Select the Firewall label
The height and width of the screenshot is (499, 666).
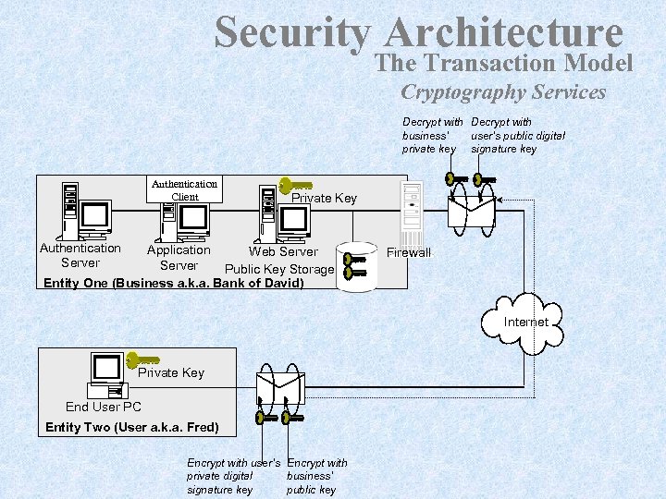click(x=409, y=252)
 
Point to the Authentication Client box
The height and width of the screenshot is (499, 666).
click(x=185, y=189)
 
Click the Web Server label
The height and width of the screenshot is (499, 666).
click(x=283, y=251)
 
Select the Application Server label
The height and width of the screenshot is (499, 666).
click(x=179, y=257)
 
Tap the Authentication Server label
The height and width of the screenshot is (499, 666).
click(x=80, y=255)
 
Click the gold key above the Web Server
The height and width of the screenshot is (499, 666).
click(x=296, y=187)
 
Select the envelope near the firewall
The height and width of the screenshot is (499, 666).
click(x=471, y=212)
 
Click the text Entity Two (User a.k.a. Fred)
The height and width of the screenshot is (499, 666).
click(x=132, y=427)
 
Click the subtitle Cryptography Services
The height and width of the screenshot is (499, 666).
click(x=503, y=91)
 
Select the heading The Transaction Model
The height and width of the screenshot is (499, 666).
click(x=504, y=63)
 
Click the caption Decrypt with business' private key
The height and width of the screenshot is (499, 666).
click(x=432, y=135)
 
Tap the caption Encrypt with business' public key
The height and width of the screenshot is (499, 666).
click(x=317, y=476)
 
